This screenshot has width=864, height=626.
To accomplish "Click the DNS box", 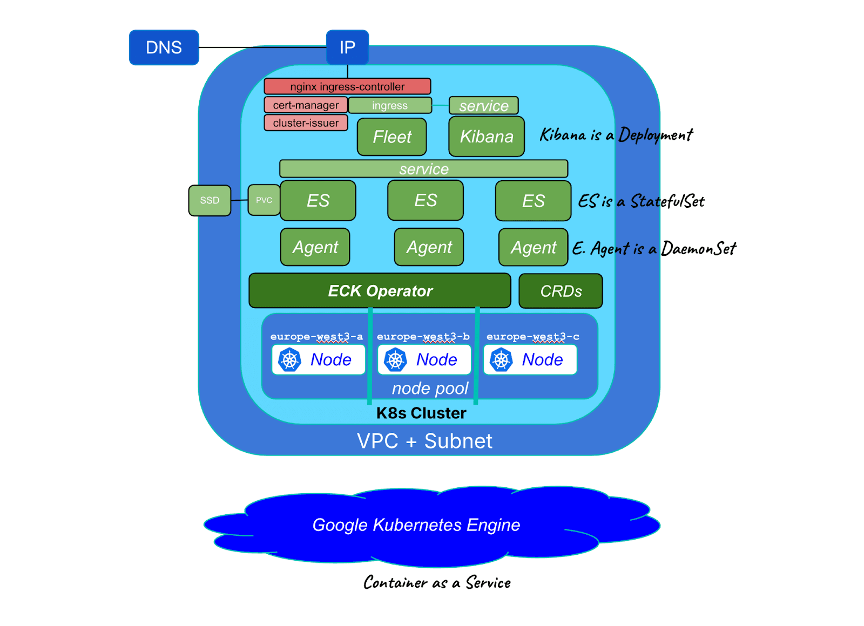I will pyautogui.click(x=164, y=47).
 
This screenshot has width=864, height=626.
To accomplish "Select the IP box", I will pyautogui.click(x=347, y=47).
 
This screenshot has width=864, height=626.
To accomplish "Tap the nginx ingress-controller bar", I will pyautogui.click(x=347, y=86).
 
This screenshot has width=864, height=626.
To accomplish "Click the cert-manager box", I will pyautogui.click(x=306, y=105).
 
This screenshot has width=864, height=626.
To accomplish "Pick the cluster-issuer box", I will pyautogui.click(x=306, y=123).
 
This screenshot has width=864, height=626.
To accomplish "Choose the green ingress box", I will pyautogui.click(x=390, y=105).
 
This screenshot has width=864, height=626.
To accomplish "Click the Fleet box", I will pyautogui.click(x=391, y=137).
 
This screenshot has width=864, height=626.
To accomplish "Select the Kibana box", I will pyautogui.click(x=487, y=137).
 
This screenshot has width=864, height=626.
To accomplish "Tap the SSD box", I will pyautogui.click(x=210, y=200).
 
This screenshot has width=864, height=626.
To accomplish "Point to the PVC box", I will pyautogui.click(x=264, y=200).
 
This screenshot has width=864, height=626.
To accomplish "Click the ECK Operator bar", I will pyautogui.click(x=380, y=291).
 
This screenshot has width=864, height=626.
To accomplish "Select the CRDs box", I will pyautogui.click(x=561, y=291).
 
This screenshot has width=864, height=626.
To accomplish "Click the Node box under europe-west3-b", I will pyautogui.click(x=424, y=359).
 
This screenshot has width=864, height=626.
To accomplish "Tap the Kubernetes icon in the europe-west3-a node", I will pyautogui.click(x=289, y=360).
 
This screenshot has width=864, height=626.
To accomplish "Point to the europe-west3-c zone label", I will pyautogui.click(x=532, y=337).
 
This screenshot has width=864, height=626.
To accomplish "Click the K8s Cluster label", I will pyautogui.click(x=421, y=413).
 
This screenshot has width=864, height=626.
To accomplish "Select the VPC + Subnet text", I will pyautogui.click(x=424, y=441).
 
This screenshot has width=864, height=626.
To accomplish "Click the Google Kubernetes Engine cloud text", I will pyautogui.click(x=416, y=525).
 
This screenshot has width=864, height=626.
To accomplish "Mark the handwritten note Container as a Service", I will pyautogui.click(x=437, y=583).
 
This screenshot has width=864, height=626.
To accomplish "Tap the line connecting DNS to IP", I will pyautogui.click(x=262, y=47).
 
